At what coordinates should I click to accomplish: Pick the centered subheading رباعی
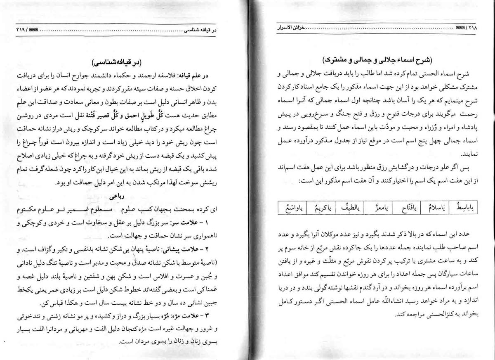[x=117, y=197]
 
